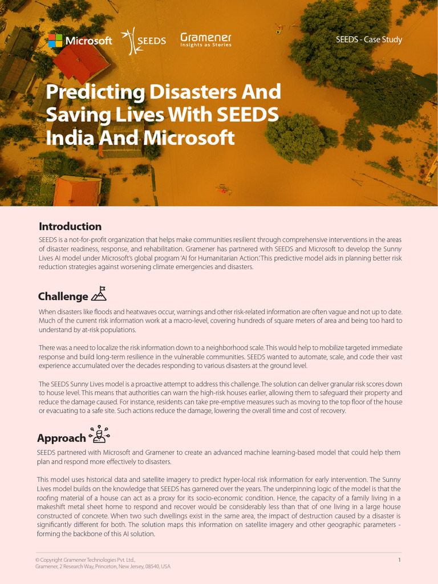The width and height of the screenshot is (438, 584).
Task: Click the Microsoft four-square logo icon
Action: tap(55, 40)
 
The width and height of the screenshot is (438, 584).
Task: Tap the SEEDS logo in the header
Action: tap(145, 40)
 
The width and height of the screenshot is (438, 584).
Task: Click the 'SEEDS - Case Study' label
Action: tap(369, 40)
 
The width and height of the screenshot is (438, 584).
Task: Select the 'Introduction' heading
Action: tap(70, 226)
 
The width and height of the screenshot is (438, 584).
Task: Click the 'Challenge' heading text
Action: tap(63, 297)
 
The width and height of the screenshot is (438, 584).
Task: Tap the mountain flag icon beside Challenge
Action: tap(99, 294)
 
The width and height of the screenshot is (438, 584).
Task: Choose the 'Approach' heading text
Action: tap(61, 439)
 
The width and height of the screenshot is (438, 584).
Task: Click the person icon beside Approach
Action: tap(99, 435)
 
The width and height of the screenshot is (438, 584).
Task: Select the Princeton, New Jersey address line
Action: tap(103, 567)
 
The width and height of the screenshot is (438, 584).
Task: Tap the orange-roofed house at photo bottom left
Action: tap(77, 191)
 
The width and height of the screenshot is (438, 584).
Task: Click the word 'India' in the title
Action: tap(68, 138)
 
